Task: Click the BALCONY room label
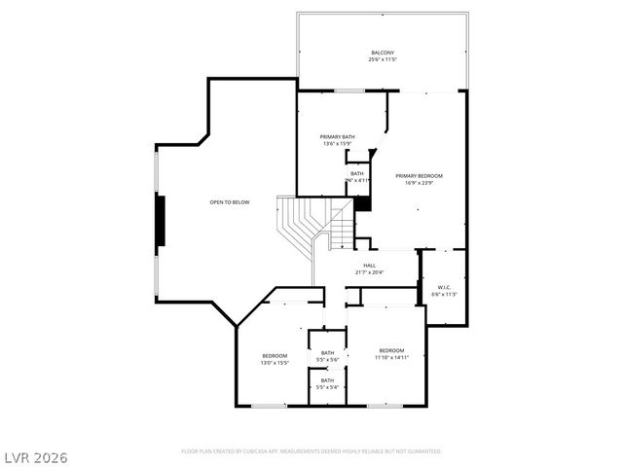point(383,53)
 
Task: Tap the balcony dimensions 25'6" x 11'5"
point(383,60)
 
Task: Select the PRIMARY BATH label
point(337,137)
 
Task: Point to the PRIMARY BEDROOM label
point(419,175)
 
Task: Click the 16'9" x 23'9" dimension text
point(419,182)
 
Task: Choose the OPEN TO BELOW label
point(230,202)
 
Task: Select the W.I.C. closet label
point(443,287)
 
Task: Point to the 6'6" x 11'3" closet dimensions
point(443,294)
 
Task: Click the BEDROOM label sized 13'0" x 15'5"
point(274,356)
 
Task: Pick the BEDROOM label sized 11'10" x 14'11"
point(391,350)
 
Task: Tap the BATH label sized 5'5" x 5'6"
point(328,353)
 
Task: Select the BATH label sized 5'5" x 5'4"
point(328,380)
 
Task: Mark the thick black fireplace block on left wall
point(163,222)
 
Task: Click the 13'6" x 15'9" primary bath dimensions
point(337,144)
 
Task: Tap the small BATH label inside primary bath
point(357,173)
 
